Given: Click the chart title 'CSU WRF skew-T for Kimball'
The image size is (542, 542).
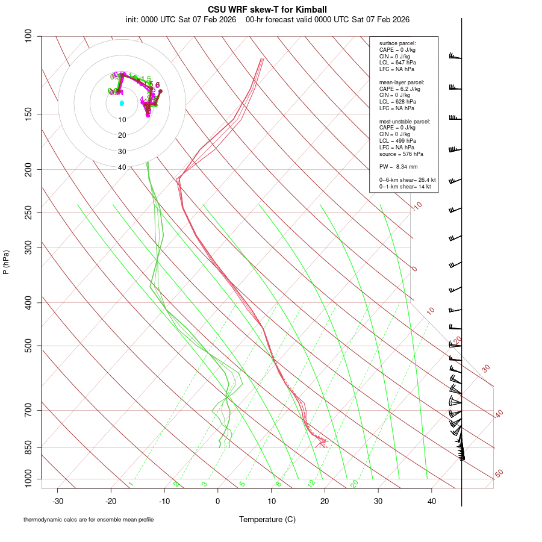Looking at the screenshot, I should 267,10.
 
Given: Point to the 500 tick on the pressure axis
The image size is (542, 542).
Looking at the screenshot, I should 28,346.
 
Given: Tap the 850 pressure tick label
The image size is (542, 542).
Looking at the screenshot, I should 28,447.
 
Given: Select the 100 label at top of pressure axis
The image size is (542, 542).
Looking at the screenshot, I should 28,36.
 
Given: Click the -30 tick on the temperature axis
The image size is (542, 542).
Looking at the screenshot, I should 58,501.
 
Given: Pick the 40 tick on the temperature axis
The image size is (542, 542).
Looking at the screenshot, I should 432,501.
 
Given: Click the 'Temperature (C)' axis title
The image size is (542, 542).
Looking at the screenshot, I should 267,519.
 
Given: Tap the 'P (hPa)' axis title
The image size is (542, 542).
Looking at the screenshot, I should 6,262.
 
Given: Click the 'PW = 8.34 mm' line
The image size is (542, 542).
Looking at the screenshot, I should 398,167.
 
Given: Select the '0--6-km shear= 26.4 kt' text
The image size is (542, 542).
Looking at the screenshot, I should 407,180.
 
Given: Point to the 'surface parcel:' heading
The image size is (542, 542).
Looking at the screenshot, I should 397,43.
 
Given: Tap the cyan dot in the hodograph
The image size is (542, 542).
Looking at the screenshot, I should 122,104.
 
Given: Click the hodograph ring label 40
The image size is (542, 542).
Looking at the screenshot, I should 122,167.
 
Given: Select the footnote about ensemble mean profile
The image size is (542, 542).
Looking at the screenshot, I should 89,519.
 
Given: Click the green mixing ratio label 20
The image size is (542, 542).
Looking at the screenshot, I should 355,484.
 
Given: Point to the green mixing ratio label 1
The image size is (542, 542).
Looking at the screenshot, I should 131,484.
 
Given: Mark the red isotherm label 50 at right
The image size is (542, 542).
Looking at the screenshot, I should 499,473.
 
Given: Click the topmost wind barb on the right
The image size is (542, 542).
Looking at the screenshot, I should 455,57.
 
